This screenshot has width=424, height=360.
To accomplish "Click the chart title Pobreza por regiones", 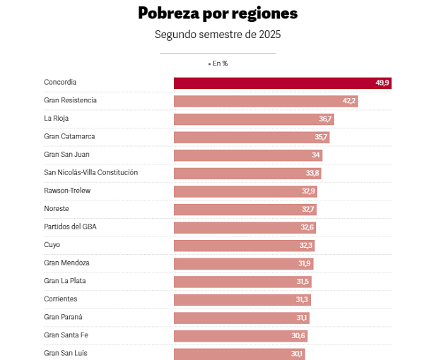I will pos(218,13).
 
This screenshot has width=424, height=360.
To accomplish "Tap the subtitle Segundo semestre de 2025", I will pos(218,34).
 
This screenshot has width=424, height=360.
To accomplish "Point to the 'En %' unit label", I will pos(218,64).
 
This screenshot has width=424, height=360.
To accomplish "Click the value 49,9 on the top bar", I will pos(382,83).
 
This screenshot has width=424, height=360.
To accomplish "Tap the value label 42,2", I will pos(349,101).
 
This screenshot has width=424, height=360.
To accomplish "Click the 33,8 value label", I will pos(313,174).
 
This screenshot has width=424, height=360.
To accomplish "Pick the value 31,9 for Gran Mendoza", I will pos(305,263).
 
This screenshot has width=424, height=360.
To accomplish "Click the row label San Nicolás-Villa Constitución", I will pos(90,173).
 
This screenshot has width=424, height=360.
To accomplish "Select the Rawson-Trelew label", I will pos(67,191).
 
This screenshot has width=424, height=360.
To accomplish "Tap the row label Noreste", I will pos(57,209).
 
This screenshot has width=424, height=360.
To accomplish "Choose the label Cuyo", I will pos(52,245).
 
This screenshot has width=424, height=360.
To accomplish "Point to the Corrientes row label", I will pos(61,299).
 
